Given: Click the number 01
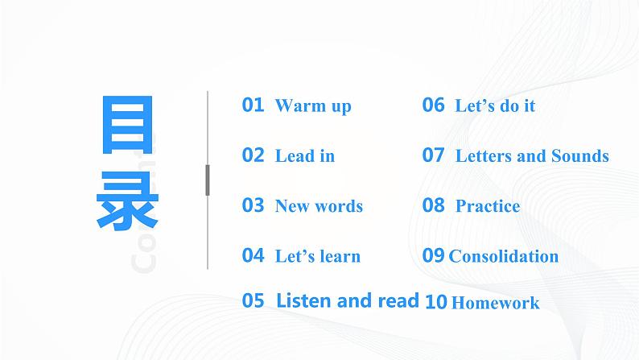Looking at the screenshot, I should point(253,105).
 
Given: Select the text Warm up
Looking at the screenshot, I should point(313,106).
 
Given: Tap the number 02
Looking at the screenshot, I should point(253,155).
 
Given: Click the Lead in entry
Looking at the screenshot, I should point(304,156).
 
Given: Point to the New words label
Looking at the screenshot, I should point(319,206).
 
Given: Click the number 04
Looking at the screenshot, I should point(253,255).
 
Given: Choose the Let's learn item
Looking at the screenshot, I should point(317,257).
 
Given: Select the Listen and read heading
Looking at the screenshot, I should point(347,301).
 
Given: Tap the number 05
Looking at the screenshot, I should point(253,301).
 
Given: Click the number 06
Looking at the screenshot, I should point(433,105).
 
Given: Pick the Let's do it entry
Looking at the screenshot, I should point(495,106).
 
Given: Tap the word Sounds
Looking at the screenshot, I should point(579,156).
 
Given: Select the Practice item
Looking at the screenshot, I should point(488,206).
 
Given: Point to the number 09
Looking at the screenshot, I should point(433,255).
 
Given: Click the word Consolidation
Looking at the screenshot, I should point(503,257).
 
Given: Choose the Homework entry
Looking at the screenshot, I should point(495,304).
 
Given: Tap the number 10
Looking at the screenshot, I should point(435,302).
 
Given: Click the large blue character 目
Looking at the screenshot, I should point(128,128).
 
